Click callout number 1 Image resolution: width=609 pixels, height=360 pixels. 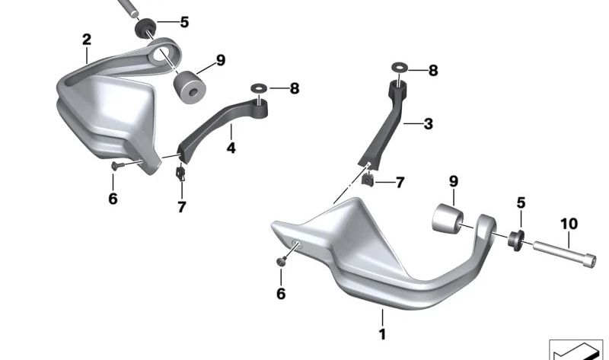(x=383, y=333)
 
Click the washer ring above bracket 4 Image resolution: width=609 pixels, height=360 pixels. (x=257, y=88)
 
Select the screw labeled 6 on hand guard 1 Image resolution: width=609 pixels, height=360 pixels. (x=282, y=260)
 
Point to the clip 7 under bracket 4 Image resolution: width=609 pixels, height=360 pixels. (x=181, y=174)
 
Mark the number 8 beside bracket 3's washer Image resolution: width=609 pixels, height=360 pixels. (x=432, y=70)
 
